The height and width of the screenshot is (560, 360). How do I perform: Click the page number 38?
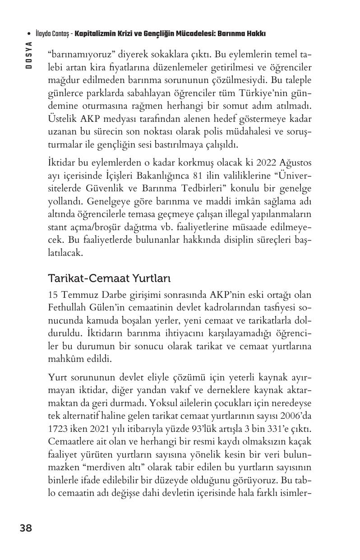[26, 528]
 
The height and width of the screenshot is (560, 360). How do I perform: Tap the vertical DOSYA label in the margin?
[28, 55]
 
